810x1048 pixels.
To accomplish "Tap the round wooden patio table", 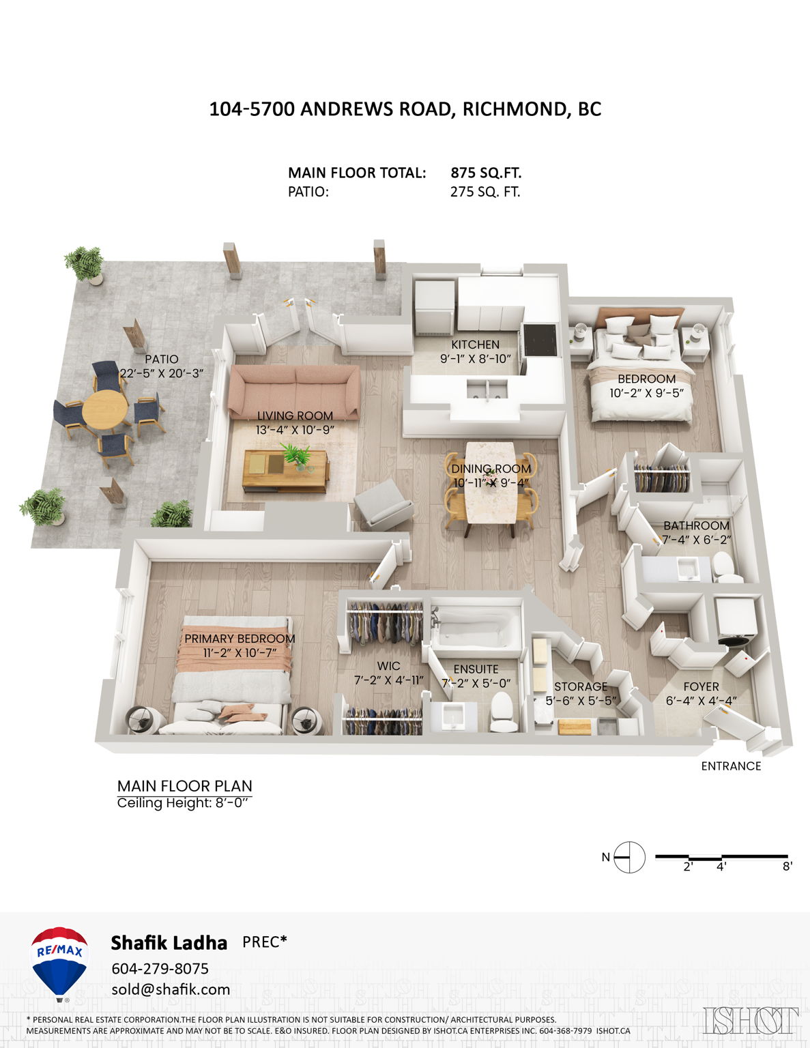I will tap(104, 409).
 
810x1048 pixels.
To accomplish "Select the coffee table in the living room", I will tap(285, 471).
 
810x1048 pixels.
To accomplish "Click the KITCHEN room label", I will tap(475, 345).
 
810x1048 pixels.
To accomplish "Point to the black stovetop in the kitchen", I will tap(539, 340).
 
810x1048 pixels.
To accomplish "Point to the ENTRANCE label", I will tap(731, 766).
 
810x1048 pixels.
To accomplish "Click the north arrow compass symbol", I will tap(628, 857).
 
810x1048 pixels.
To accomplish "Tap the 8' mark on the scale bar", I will tap(787, 867).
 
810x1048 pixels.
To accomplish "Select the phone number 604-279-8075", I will tap(160, 969).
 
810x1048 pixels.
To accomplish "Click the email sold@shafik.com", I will tap(171, 990).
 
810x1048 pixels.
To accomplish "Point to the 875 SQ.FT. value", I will tap(486, 173).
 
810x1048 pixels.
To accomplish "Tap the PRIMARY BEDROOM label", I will tap(240, 639).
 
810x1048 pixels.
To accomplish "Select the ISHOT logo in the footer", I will tap(751, 1021).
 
